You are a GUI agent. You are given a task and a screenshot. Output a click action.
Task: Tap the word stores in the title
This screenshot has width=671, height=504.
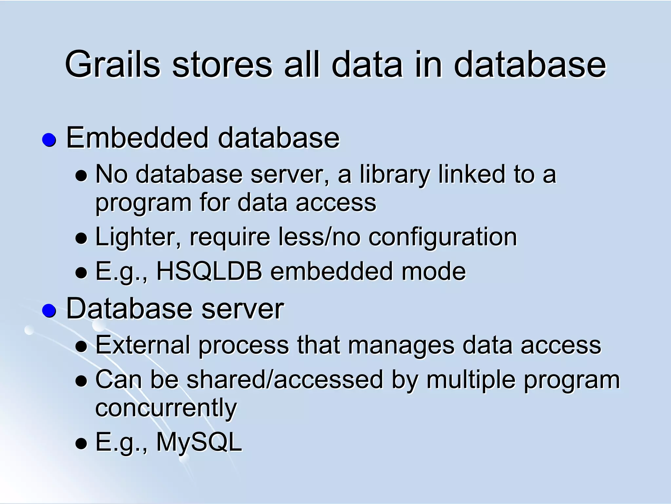[x=222, y=64]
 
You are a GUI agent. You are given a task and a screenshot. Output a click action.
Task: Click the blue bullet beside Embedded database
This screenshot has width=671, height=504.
[x=49, y=140]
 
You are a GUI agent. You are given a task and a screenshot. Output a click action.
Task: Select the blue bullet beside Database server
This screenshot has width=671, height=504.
[x=49, y=310]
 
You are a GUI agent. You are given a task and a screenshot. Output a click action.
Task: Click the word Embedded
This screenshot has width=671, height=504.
[x=137, y=138]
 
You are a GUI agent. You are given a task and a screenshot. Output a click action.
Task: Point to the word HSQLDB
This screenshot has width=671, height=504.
[x=209, y=271]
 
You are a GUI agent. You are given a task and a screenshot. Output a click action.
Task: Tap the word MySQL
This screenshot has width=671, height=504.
[x=199, y=442]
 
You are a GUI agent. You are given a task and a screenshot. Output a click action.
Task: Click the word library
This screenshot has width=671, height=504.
[x=395, y=174]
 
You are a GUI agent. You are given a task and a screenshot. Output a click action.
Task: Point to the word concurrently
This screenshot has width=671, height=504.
[x=166, y=408]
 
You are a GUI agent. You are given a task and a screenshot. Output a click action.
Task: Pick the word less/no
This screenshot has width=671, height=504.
[x=319, y=236]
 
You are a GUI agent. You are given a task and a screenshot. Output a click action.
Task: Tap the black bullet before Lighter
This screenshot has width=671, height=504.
[x=81, y=238]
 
